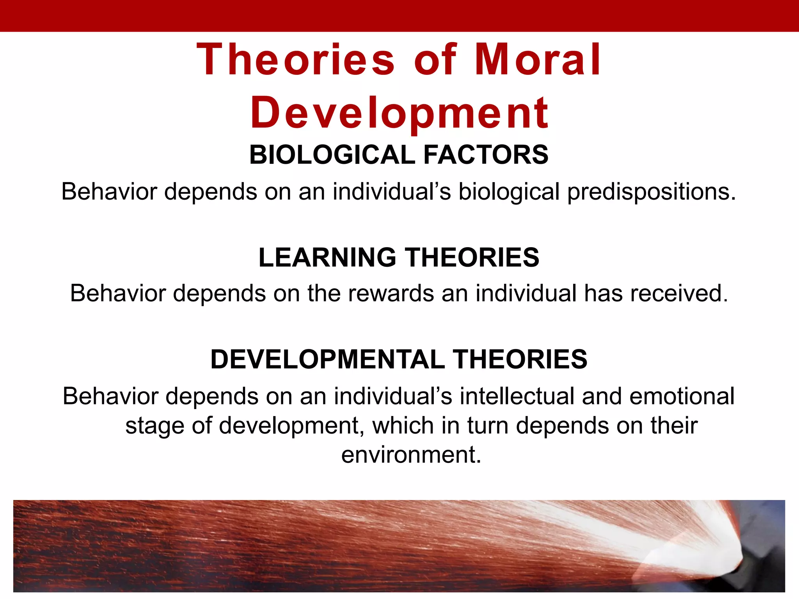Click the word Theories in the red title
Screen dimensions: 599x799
coord(296,60)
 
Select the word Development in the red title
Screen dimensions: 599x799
coord(399,113)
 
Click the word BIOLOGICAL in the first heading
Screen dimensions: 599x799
coord(332,155)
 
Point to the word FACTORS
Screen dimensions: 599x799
coord(486,155)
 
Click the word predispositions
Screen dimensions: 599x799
coord(651,192)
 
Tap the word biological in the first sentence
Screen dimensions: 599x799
coord(509,192)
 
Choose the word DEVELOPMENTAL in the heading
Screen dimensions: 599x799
coord(327,359)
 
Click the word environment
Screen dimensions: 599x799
coord(411,455)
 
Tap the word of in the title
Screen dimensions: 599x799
coord(435,60)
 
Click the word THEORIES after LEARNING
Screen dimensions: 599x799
coord(472,257)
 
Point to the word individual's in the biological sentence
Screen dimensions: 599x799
coord(392,192)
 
